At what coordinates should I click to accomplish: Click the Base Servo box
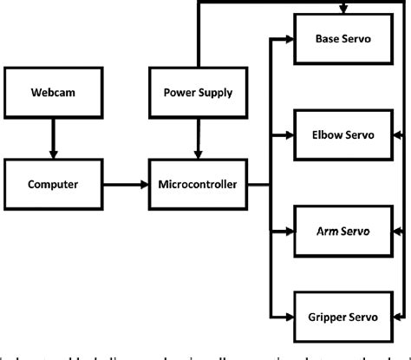(341, 40)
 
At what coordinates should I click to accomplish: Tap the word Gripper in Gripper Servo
(326, 318)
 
